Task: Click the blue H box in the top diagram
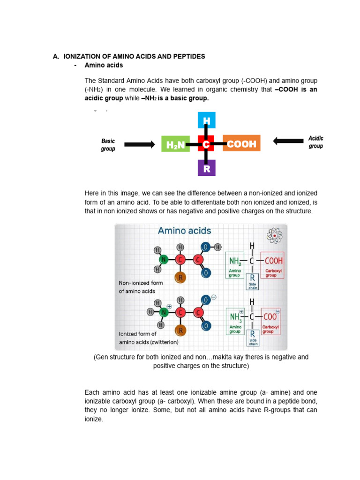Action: click(x=206, y=121)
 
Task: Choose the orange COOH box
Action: click(x=241, y=144)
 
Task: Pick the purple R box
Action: click(x=206, y=168)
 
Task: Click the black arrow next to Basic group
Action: click(x=139, y=144)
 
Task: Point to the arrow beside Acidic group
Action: click(x=288, y=141)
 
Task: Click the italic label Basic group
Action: click(x=108, y=145)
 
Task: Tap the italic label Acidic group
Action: click(x=315, y=142)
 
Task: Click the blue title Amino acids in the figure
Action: click(x=184, y=231)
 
